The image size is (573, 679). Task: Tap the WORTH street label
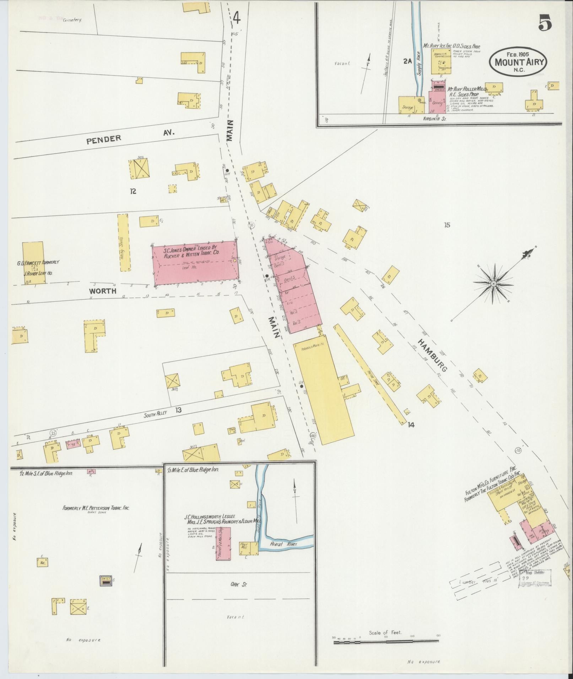[103, 291]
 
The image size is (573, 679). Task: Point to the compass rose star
[493, 284]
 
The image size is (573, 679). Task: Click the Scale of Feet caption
[385, 633]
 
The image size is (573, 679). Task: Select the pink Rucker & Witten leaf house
[195, 263]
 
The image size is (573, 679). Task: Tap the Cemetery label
[72, 20]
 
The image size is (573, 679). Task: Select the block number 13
[178, 410]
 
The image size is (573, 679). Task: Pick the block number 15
[447, 225]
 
